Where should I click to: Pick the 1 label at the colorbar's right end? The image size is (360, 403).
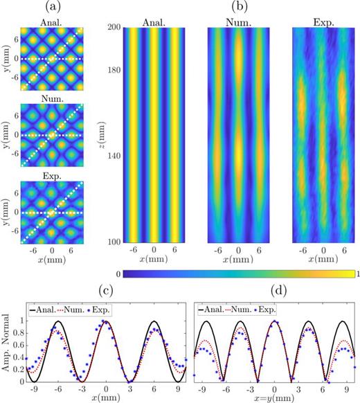pyautogui.click(x=354, y=274)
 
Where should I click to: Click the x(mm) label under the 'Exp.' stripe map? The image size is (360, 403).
pyautogui.click(x=320, y=258)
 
